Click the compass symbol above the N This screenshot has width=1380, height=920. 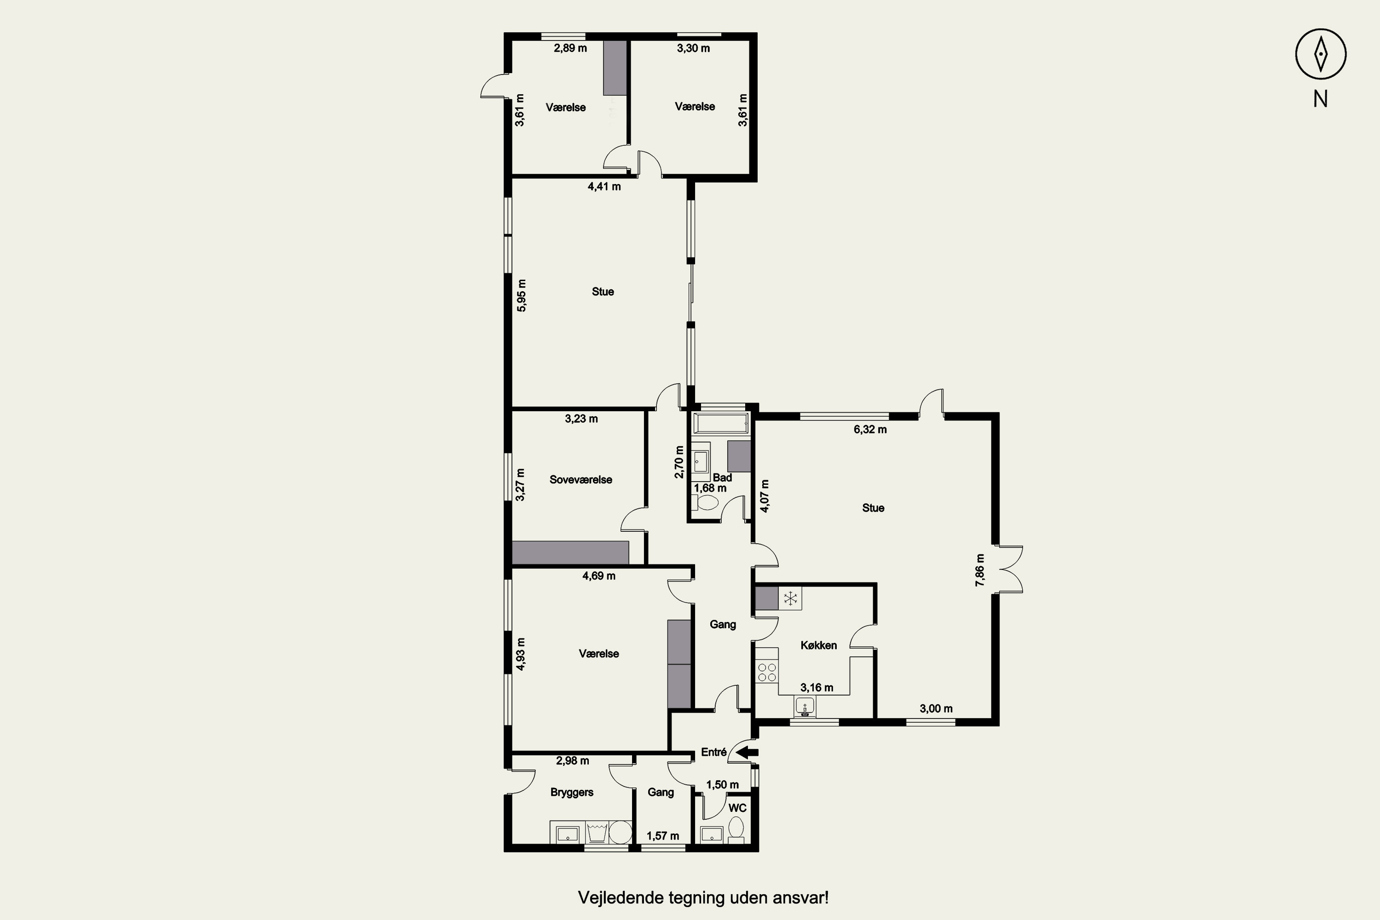(1321, 54)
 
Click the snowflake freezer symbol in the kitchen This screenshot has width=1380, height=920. (790, 598)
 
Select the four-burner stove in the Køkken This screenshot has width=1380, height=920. (766, 672)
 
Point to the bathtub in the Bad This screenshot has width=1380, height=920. (721, 422)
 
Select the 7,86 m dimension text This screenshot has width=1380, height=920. (979, 570)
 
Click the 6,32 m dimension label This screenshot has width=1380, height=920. (870, 430)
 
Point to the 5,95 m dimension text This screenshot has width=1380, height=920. (521, 295)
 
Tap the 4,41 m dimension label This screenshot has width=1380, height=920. (604, 187)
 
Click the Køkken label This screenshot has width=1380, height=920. (818, 645)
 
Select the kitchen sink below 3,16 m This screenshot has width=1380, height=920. (805, 707)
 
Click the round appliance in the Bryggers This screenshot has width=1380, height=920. (620, 832)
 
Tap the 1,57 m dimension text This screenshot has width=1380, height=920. (663, 836)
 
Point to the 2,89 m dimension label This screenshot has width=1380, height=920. (570, 48)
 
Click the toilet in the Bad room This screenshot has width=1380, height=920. (705, 503)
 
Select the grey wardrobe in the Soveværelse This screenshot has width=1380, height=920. (570, 553)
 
